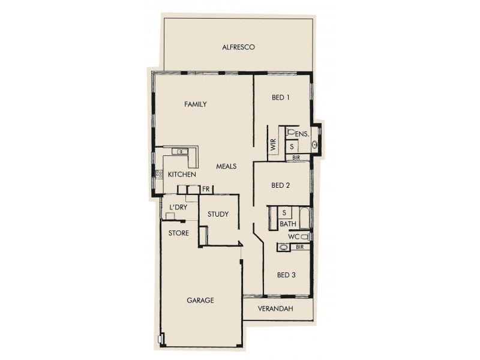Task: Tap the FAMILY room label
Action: tap(195, 104)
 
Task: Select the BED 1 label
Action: tap(281, 99)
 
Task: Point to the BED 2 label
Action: tap(281, 185)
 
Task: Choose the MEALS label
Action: tap(226, 166)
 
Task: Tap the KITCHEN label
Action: tap(182, 175)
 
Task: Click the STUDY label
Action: tap(218, 214)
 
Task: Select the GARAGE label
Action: tap(200, 301)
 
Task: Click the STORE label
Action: tap(179, 233)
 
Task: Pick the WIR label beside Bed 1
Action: tap(274, 145)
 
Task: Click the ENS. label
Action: tap(302, 133)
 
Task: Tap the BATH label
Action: tap(288, 224)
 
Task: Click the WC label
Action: tap(293, 237)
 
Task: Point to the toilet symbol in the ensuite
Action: tap(291, 132)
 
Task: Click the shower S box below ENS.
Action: tap(292, 146)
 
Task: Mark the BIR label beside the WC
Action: tap(299, 247)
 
